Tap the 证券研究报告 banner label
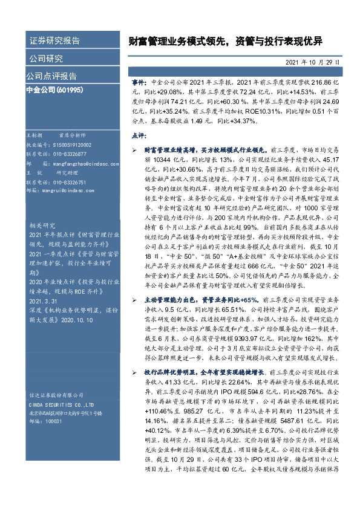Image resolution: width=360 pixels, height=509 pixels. click(54, 41)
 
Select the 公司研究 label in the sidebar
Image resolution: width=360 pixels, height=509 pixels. click(46, 59)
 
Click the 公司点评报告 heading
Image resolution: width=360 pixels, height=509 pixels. click(51, 76)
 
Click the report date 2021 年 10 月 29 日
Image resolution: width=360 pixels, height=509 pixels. click(312, 62)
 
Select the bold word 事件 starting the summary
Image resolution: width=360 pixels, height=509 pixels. click(140, 80)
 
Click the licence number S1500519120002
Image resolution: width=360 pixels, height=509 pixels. click(68, 146)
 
